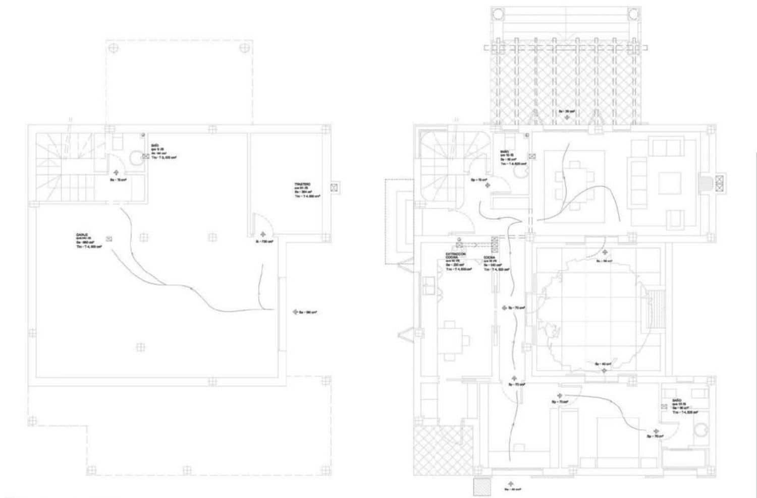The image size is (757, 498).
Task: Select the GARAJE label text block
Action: [89, 241]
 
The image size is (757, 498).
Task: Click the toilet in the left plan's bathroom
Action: [135, 158]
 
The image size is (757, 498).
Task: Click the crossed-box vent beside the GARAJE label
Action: [109, 239]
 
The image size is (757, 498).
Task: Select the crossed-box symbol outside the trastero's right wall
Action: [334, 188]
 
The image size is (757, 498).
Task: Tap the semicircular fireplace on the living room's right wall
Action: [704, 183]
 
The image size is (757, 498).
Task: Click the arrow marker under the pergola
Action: [567, 116]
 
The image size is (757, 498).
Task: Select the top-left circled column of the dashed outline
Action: [114, 47]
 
